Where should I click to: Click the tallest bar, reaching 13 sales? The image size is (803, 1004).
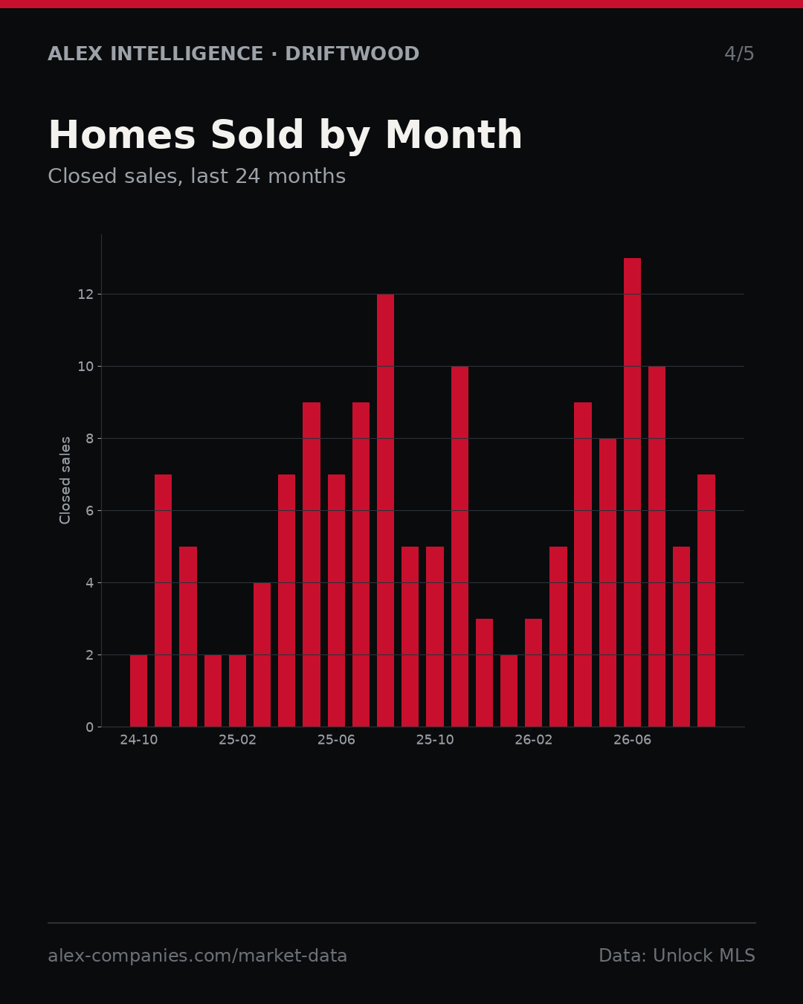pos(632,492)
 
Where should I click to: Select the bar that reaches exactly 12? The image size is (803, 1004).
pos(385,510)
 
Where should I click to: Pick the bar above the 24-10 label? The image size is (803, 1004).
pos(138,690)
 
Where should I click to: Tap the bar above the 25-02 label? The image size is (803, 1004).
pos(237,690)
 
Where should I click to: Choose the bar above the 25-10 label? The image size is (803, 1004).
pos(435,637)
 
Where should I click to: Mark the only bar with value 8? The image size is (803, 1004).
pos(607,583)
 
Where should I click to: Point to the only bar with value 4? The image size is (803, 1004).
pos(262,654)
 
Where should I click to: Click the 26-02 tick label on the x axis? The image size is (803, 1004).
pos(533,741)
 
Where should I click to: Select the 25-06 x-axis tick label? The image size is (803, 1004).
pos(336,741)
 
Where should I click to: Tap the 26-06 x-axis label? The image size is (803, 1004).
pos(632,741)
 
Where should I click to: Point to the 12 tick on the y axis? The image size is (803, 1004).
pos(86,295)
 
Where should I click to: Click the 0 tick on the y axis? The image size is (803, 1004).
pos(89,727)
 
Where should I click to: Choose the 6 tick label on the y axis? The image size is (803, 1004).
pos(89,511)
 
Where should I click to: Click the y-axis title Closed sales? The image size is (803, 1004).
pos(65,480)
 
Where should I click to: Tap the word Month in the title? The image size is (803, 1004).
pos(454,135)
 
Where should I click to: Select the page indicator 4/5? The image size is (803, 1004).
pos(739,54)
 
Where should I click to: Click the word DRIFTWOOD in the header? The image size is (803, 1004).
pos(352,54)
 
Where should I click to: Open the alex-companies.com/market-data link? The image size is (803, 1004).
pos(197,956)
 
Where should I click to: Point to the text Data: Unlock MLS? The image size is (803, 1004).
pos(677,956)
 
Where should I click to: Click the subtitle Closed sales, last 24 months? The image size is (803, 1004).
pos(196,176)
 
